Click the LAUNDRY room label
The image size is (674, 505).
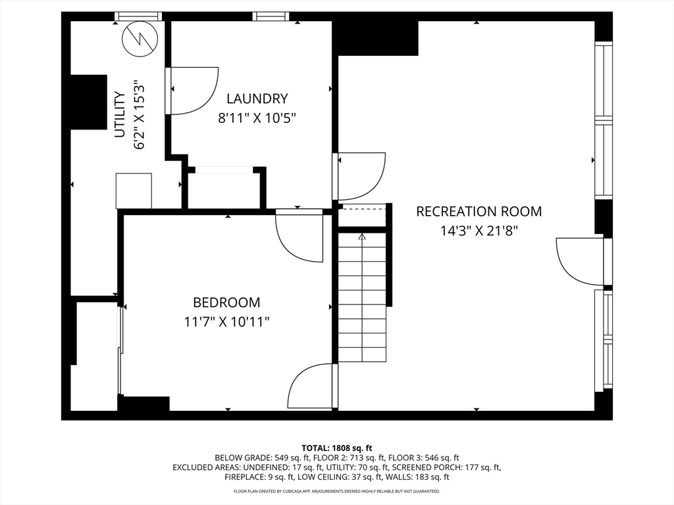(x=257, y=99)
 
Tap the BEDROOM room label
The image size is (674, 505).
(x=226, y=302)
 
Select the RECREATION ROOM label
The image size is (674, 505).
(x=479, y=211)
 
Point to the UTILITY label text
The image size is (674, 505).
(x=120, y=114)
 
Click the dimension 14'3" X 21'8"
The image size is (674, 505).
(x=479, y=231)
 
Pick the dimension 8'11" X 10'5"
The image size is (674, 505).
(x=257, y=118)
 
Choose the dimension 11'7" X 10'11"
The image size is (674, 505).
(x=226, y=322)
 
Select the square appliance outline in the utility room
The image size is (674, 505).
(x=134, y=191)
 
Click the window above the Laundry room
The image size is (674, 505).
(x=271, y=16)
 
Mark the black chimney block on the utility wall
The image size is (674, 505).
(x=89, y=102)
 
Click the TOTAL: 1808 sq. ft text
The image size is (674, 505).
(x=336, y=448)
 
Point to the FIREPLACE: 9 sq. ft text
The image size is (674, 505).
(x=259, y=477)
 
